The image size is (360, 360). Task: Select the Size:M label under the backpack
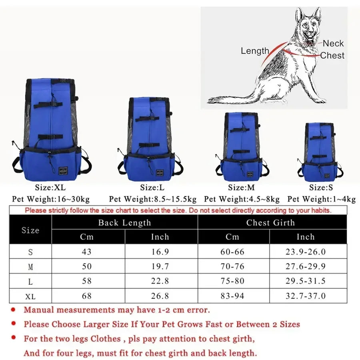(x=241, y=188)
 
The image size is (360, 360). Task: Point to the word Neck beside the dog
(x=333, y=44)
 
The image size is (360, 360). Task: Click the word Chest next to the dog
(x=332, y=56)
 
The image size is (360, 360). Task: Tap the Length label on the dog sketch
(x=255, y=51)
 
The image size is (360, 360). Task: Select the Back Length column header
(x=124, y=223)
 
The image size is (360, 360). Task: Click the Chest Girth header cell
(x=270, y=223)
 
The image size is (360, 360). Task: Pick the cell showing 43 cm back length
(x=87, y=252)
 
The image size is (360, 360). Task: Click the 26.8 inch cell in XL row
(x=160, y=296)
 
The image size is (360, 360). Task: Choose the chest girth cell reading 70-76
(x=232, y=266)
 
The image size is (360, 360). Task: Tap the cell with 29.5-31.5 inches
(x=305, y=281)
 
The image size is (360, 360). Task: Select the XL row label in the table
(x=30, y=296)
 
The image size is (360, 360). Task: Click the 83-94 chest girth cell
(x=232, y=296)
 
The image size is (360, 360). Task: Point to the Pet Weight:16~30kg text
(x=51, y=199)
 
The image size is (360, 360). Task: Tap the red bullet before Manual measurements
(x=13, y=309)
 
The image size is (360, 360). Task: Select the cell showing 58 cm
(x=87, y=281)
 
